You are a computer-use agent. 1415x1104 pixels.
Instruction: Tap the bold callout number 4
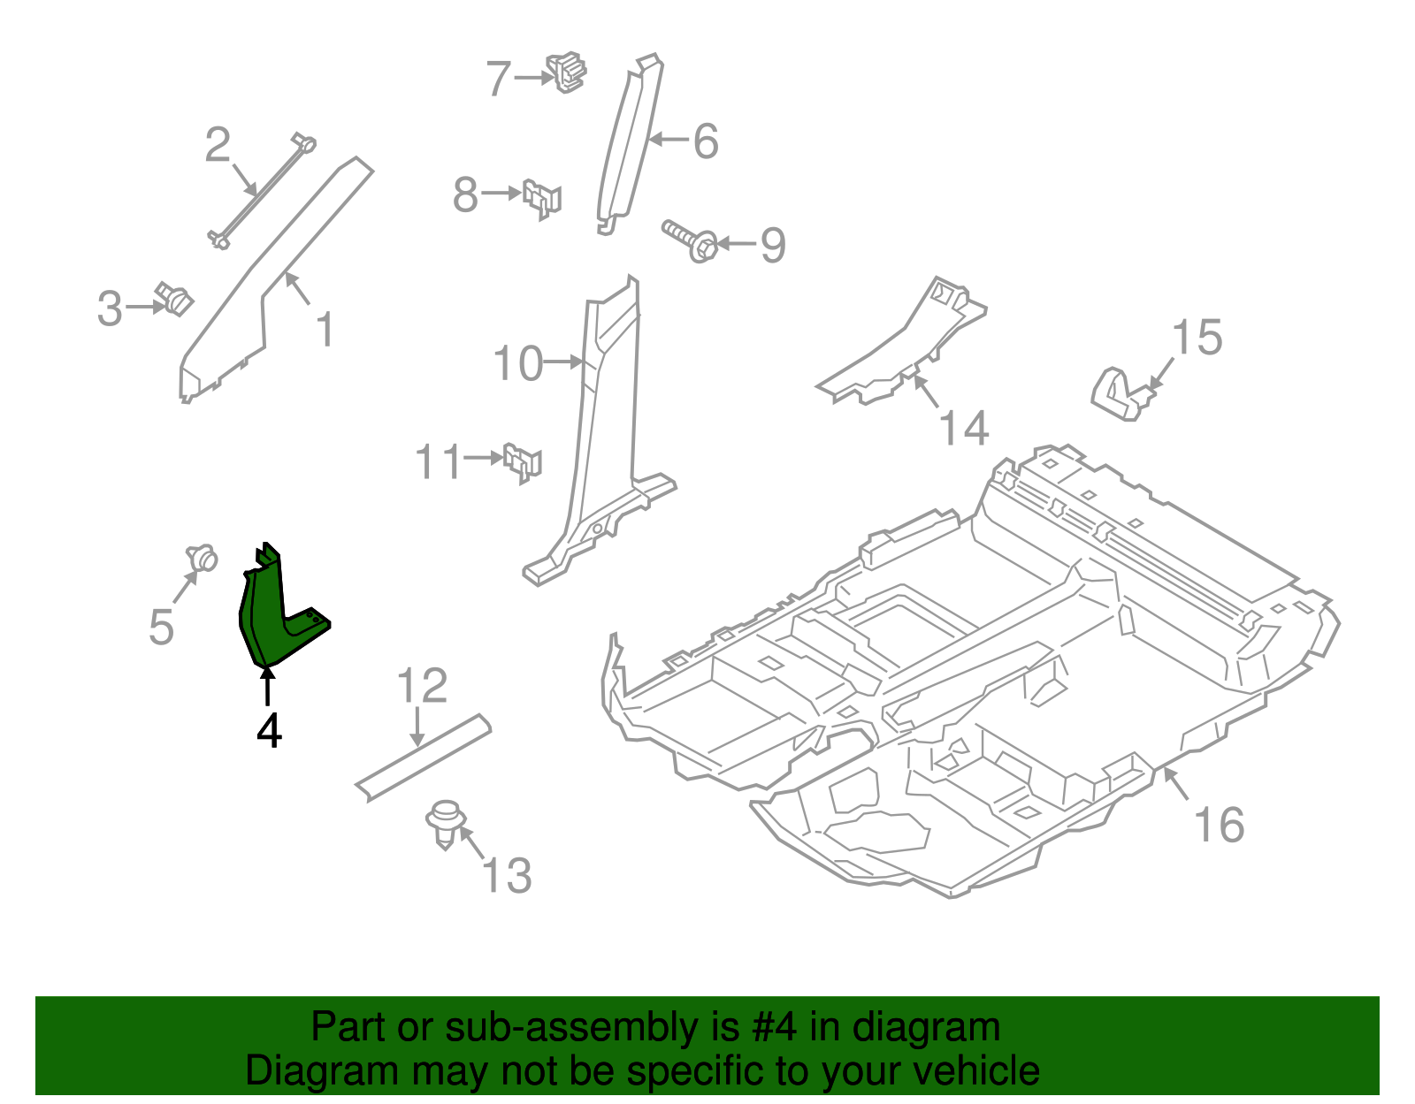point(269,731)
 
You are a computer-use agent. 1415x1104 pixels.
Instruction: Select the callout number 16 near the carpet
point(1219,825)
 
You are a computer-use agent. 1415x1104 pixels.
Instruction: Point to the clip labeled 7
point(567,72)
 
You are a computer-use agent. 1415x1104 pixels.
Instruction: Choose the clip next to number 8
point(542,198)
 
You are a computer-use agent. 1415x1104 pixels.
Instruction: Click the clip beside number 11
point(523,462)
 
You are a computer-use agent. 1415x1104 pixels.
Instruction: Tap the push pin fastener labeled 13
point(446,823)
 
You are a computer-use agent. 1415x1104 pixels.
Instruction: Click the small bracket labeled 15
point(1119,394)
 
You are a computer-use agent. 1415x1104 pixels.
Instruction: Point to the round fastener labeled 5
point(203,558)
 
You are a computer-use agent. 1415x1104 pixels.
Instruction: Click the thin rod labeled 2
point(263,190)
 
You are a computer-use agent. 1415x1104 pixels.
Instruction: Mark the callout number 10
point(517,363)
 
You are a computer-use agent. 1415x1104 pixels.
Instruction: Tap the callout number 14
point(962,428)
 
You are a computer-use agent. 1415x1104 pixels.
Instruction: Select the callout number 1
point(325,330)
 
